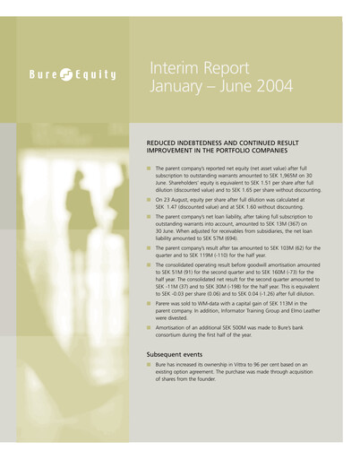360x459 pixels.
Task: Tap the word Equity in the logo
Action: [x=96, y=74]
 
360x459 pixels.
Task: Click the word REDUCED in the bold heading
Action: [x=163, y=142]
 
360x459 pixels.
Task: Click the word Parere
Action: [x=167, y=303]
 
